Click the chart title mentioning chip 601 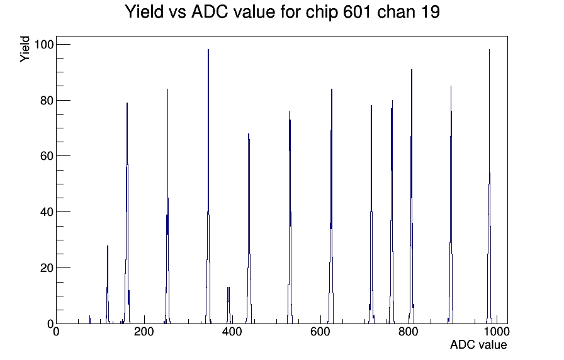pyautogui.click(x=283, y=12)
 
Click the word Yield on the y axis pyautogui.click(x=25, y=49)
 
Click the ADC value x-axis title pyautogui.click(x=478, y=344)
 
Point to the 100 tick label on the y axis pyautogui.click(x=43, y=45)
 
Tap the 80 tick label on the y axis pyautogui.click(x=47, y=100)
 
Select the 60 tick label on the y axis pyautogui.click(x=47, y=156)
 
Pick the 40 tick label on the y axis pyautogui.click(x=47, y=212)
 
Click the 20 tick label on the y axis pyautogui.click(x=47, y=268)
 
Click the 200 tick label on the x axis pyautogui.click(x=144, y=331)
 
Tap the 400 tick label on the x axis pyautogui.click(x=232, y=331)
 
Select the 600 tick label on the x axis pyautogui.click(x=320, y=331)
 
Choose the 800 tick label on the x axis pyautogui.click(x=409, y=331)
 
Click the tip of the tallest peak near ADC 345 pyautogui.click(x=208, y=50)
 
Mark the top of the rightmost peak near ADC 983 pyautogui.click(x=489, y=50)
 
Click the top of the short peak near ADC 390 pyautogui.click(x=228, y=288)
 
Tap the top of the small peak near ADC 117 pyautogui.click(x=108, y=245)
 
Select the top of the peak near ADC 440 pyautogui.click(x=249, y=134)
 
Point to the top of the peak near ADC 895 pyautogui.click(x=451, y=86)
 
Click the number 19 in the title pyautogui.click(x=428, y=12)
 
